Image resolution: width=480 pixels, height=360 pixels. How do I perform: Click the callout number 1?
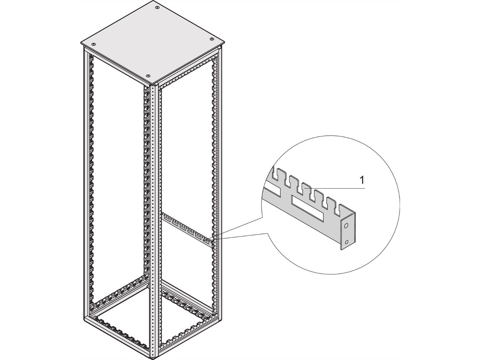363,180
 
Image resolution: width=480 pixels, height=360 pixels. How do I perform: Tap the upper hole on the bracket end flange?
346,226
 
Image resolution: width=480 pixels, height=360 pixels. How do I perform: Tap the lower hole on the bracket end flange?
347,242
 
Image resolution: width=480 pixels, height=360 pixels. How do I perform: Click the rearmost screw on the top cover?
157,7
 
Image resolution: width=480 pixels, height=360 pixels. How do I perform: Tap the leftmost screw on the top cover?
94,44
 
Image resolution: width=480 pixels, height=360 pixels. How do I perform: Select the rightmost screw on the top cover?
211,39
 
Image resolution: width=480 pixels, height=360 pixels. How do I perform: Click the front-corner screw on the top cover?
149,75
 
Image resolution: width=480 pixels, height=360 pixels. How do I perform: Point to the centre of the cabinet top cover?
152,41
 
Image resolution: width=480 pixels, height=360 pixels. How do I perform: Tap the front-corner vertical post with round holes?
152,220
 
